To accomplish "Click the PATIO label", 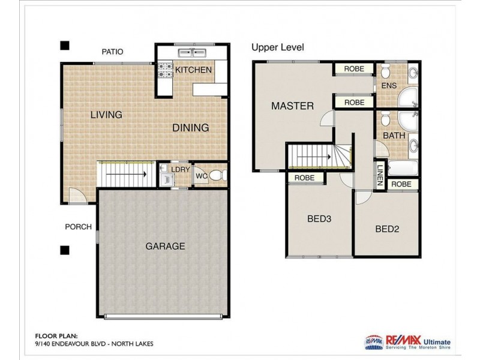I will click(112, 52).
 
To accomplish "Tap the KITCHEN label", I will click(193, 70).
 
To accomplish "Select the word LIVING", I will click(106, 115).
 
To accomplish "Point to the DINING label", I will click(191, 128).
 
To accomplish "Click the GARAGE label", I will click(165, 246).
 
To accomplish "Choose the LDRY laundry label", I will click(180, 170).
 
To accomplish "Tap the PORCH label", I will click(79, 227).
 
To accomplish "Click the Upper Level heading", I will click(277, 47).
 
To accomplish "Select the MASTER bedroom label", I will click(292, 106).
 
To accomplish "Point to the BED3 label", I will click(319, 219).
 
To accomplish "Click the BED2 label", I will click(387, 229).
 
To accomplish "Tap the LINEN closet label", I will click(380, 175).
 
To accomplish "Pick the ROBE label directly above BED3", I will click(305, 178).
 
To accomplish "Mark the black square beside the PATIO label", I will click(65, 45).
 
